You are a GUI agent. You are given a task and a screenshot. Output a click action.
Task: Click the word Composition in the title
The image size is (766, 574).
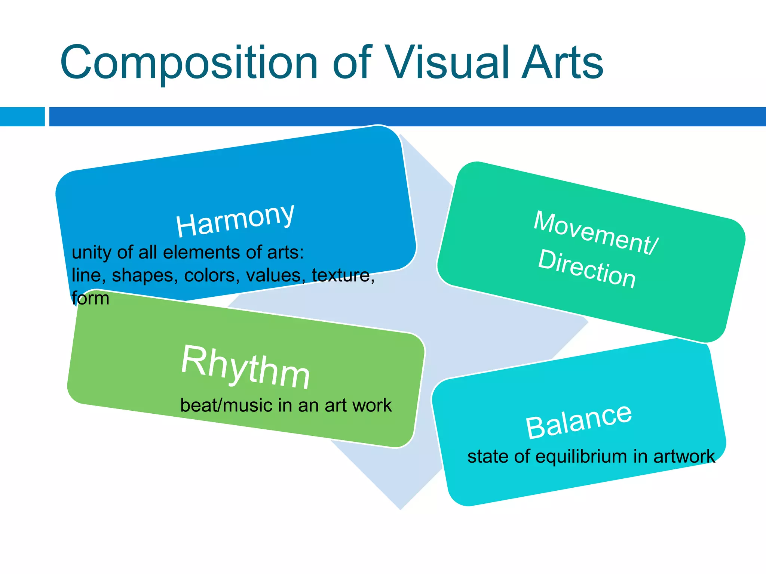pos(189,63)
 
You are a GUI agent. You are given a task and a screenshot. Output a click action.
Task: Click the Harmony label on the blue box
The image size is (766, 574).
pos(235,220)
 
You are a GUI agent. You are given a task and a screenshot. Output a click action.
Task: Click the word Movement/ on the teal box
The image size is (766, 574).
pos(595,232)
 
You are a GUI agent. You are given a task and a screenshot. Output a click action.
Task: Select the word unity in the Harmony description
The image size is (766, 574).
pos(92,252)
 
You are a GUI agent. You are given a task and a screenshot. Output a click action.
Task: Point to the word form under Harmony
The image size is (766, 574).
pos(91,299)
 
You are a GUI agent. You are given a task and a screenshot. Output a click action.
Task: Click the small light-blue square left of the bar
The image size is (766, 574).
pos(22,117)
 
